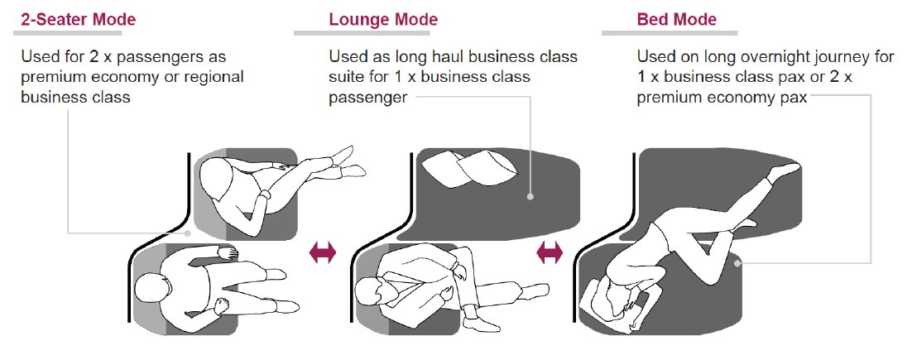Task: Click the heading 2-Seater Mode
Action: [78, 19]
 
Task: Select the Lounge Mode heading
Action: [383, 19]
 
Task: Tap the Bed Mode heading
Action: [677, 19]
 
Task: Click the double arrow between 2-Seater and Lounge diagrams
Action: [323, 253]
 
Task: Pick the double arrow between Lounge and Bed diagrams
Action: [550, 253]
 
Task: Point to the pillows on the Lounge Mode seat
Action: [469, 172]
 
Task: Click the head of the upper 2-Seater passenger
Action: [218, 175]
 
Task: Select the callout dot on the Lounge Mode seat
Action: [530, 198]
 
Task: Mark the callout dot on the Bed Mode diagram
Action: [737, 264]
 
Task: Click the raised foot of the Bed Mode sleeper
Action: [786, 169]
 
